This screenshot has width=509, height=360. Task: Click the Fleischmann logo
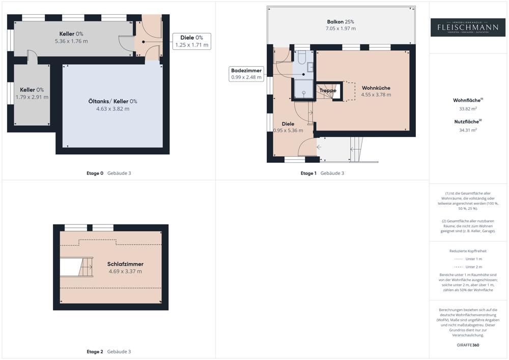tap(468, 27)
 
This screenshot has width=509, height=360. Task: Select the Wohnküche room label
tap(376, 88)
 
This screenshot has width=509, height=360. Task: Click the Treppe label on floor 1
tap(328, 91)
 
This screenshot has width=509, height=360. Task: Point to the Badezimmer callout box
tap(246, 74)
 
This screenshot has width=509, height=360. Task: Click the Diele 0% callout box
tap(192, 41)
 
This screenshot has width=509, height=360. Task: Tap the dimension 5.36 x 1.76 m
tap(71, 41)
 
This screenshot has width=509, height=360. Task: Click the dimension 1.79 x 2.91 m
tap(32, 97)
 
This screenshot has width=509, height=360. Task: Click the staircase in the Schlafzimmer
tap(85, 267)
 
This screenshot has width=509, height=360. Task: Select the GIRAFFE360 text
tap(468, 345)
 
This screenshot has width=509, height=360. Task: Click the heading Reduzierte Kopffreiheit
tap(468, 251)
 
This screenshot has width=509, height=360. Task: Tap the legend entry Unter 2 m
tap(474, 267)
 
